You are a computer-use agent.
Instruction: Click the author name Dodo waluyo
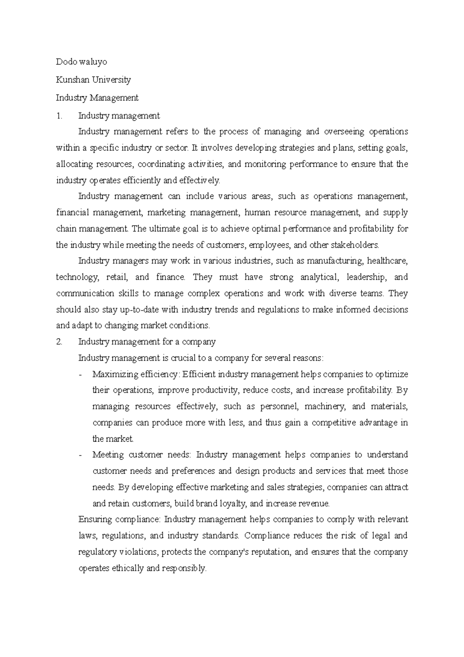coord(82,62)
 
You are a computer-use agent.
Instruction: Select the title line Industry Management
coord(97,98)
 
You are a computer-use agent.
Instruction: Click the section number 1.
coord(58,115)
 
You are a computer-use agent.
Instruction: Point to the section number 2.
coord(59,342)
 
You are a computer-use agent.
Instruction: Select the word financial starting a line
coord(72,212)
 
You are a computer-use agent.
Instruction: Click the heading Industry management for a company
coord(147,342)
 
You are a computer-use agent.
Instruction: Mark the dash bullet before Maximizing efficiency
coord(80,375)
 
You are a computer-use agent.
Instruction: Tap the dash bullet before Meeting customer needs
coord(80,455)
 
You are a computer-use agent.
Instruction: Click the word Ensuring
coord(94,519)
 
